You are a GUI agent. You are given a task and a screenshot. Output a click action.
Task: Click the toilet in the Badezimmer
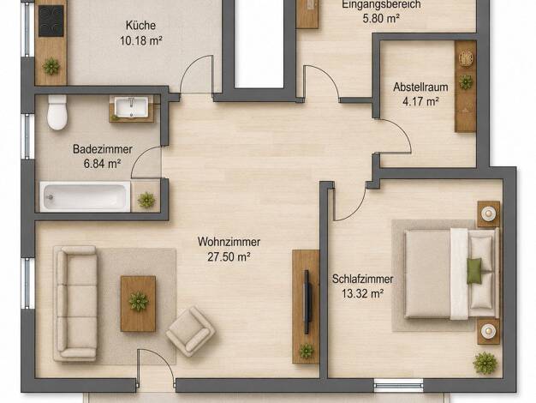(57, 112)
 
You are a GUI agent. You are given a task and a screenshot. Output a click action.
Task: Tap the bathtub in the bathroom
(85, 197)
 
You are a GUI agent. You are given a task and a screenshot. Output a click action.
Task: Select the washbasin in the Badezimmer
(131, 107)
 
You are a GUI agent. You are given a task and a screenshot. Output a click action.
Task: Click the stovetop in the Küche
(51, 21)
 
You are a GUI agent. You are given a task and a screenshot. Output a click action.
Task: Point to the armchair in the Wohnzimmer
(190, 332)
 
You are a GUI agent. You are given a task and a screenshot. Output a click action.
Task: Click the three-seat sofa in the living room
(75, 303)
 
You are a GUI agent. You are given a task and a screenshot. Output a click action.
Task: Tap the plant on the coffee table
(139, 301)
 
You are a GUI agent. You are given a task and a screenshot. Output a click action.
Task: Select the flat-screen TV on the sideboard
(307, 302)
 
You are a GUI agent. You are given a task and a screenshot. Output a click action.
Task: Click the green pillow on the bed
(474, 271)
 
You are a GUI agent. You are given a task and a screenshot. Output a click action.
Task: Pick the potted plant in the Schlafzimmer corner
(485, 364)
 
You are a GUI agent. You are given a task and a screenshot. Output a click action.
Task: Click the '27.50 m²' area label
(229, 256)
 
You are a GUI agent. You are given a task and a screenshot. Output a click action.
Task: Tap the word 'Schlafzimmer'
(362, 279)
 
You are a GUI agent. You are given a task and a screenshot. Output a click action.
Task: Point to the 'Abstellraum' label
(420, 87)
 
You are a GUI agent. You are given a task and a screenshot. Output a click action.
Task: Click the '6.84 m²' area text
(102, 164)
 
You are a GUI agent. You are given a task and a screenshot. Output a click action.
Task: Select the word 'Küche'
(140, 26)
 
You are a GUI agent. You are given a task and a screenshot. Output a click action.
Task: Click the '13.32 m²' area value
(362, 294)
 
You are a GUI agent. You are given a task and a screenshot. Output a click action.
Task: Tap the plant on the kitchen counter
(51, 66)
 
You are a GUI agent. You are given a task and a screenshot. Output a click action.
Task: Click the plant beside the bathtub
(146, 200)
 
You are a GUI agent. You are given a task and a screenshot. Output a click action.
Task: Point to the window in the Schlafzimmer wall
(398, 385)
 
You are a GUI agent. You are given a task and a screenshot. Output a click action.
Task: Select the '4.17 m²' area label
(420, 102)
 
